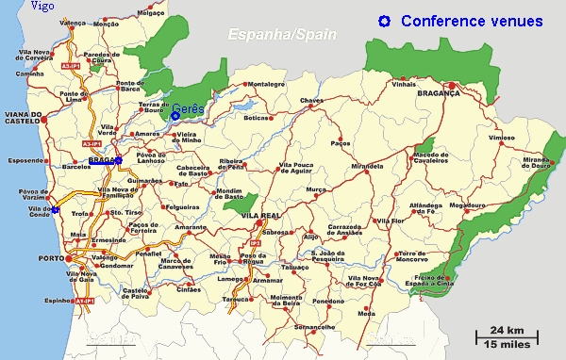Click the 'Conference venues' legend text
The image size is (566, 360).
tap(472, 21)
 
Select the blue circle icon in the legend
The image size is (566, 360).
tap(384, 21)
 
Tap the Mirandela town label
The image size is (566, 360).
tap(366, 165)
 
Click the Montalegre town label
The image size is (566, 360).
tap(265, 85)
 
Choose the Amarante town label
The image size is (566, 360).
tap(190, 228)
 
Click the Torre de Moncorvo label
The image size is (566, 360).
tap(418, 257)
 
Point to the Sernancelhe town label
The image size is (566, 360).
tap(314, 326)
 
